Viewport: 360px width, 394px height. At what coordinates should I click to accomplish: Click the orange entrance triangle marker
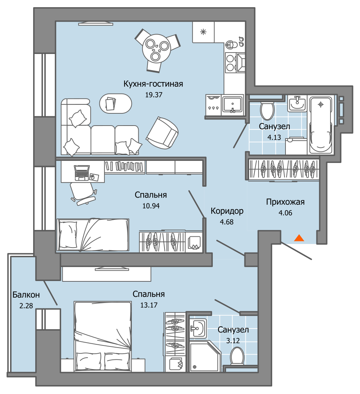[x=299, y=238]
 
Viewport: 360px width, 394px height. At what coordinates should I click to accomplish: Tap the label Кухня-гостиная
[x=153, y=84]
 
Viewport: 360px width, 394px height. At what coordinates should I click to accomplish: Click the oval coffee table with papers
[x=115, y=104]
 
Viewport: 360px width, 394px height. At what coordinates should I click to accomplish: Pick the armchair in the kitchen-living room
[x=162, y=133]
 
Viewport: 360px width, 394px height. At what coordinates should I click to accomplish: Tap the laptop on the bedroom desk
[x=82, y=173]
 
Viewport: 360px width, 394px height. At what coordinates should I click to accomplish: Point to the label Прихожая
[x=285, y=202]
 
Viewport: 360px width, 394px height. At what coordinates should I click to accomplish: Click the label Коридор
[x=227, y=211]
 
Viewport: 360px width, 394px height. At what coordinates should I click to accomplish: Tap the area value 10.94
[x=151, y=206]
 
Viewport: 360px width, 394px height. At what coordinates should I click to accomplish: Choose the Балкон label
[x=26, y=295]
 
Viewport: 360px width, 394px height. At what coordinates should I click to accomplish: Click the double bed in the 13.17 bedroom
[x=103, y=336]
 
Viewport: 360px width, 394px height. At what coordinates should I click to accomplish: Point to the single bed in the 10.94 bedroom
[x=93, y=234]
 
